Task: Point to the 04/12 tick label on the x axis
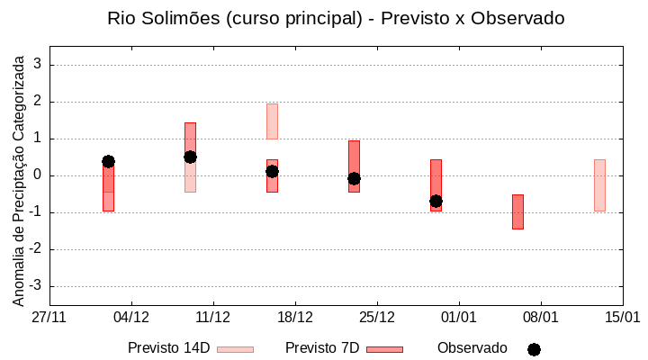pyautogui.click(x=131, y=318)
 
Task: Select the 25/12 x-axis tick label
pyautogui.click(x=377, y=318)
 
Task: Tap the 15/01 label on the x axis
pyautogui.click(x=622, y=318)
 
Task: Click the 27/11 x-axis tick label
pyautogui.click(x=49, y=318)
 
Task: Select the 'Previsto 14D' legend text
pyautogui.click(x=168, y=348)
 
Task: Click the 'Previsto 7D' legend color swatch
pyautogui.click(x=384, y=349)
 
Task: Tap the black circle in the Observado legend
pyautogui.click(x=534, y=349)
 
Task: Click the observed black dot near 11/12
pyautogui.click(x=190, y=157)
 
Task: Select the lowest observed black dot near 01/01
pyautogui.click(x=436, y=201)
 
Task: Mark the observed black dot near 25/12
pyautogui.click(x=354, y=178)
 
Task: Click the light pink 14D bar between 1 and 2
pyautogui.click(x=272, y=121)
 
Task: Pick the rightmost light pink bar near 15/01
pyautogui.click(x=599, y=184)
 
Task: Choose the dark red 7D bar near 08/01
pyautogui.click(x=517, y=211)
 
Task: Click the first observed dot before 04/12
pyautogui.click(x=108, y=161)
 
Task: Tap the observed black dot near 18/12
pyautogui.click(x=272, y=171)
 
